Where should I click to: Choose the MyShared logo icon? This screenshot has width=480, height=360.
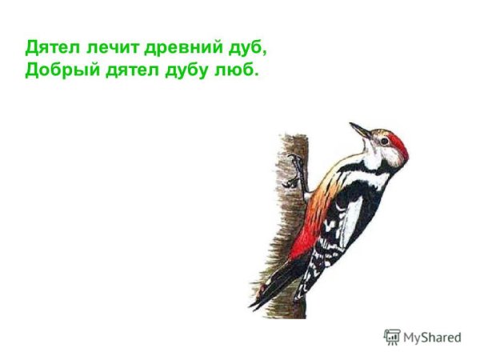point(391,337)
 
